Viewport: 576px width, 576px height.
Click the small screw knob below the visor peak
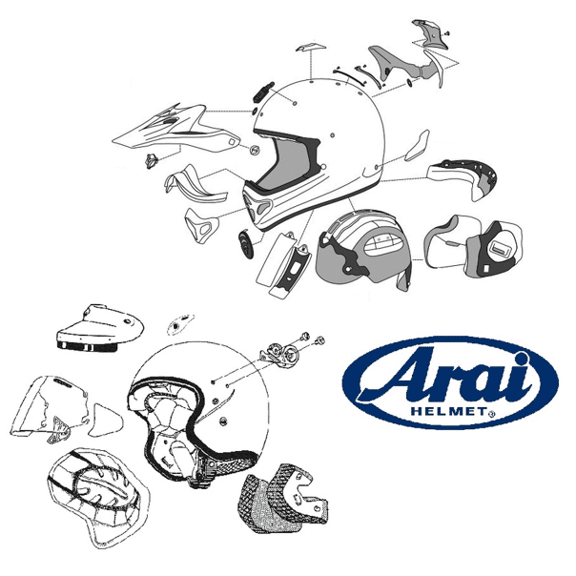[x=151, y=161]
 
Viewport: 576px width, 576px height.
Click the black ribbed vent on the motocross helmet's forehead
[x=263, y=93]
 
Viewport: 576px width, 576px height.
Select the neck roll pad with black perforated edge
[x=463, y=178]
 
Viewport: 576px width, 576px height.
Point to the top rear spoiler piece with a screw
[x=435, y=35]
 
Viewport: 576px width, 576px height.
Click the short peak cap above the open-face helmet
[x=99, y=328]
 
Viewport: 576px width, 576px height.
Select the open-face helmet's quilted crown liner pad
[x=97, y=498]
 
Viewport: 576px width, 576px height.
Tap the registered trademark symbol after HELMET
[x=492, y=414]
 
